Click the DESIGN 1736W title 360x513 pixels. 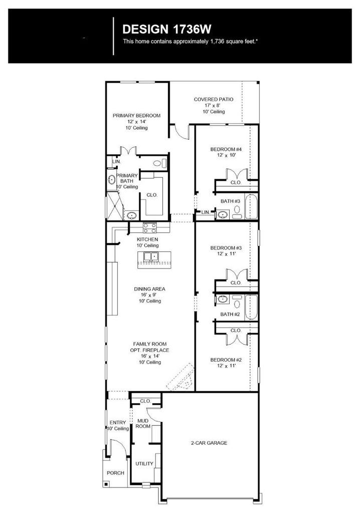(167, 30)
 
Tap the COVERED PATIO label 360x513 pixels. (214, 99)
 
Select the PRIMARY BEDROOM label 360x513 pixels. (136, 116)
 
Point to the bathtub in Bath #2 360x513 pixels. (252, 307)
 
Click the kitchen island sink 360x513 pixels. (151, 256)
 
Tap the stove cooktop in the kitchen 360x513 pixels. (150, 228)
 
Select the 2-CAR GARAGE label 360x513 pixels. (209, 443)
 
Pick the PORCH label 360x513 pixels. (115, 473)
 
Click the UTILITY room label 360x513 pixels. (144, 463)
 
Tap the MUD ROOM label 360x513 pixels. (143, 423)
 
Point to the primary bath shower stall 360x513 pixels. (114, 205)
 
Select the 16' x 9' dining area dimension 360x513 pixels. (148, 295)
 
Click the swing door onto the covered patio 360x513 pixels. (183, 132)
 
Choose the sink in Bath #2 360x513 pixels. (223, 299)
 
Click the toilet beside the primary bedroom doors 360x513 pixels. (159, 163)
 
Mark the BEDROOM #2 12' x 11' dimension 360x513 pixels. (226, 366)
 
